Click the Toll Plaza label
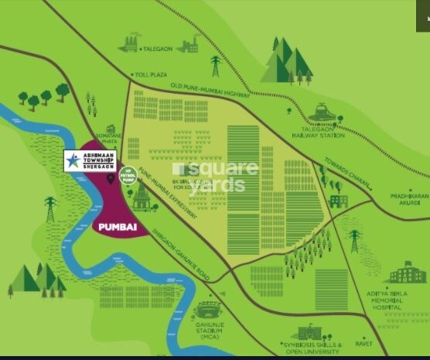[x=152, y=74]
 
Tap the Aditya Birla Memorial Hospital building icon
[x=406, y=273]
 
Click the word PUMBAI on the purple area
[x=117, y=228]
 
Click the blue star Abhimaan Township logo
[x=73, y=160]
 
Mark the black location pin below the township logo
[x=111, y=179]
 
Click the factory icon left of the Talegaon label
[x=129, y=43]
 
